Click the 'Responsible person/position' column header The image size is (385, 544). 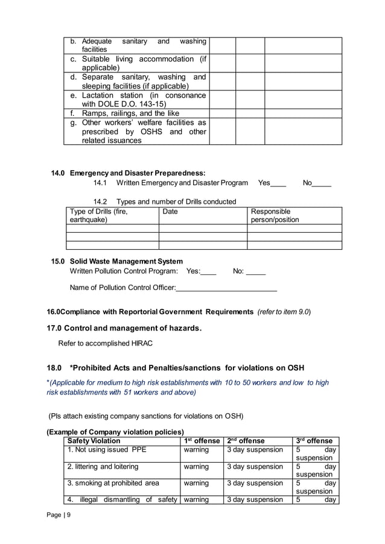275,216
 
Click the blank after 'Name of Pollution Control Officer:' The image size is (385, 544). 226,288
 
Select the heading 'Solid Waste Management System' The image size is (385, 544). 126,261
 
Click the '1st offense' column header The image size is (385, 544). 202,441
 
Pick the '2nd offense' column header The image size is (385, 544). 246,441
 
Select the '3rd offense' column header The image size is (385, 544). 314,441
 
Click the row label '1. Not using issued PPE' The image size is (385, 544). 107,450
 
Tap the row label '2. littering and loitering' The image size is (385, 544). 103,467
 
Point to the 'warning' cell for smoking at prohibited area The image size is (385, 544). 196,483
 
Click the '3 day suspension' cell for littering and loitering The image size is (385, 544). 255,467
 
